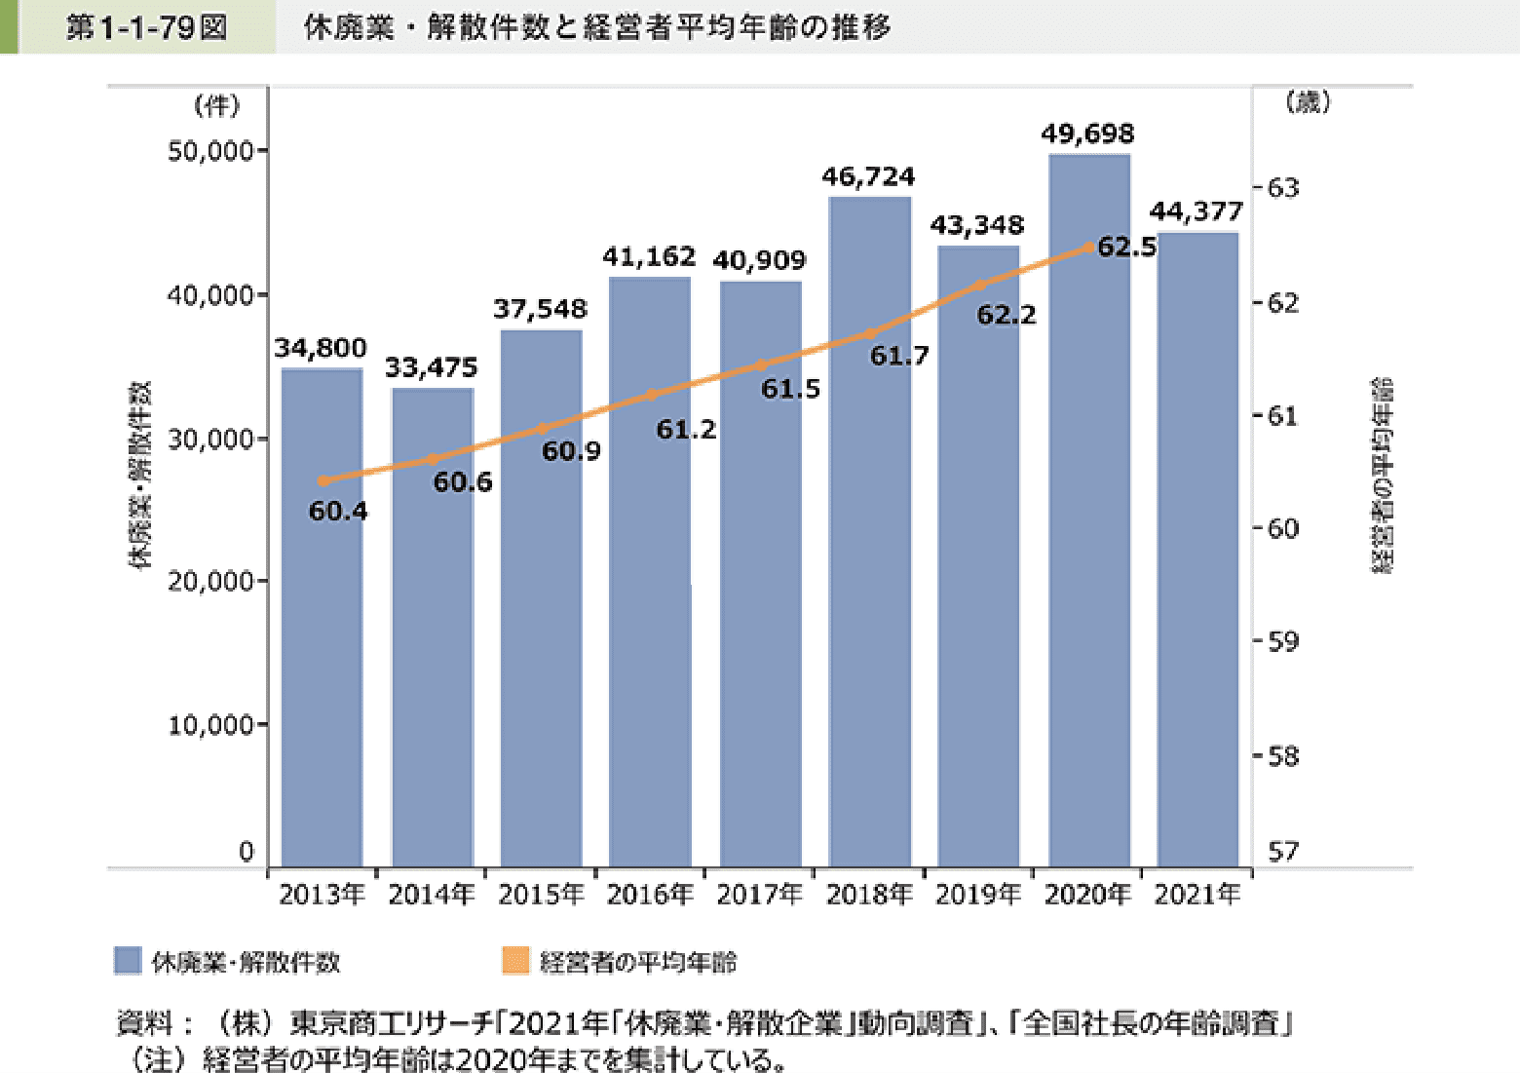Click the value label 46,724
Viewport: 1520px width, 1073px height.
click(x=868, y=177)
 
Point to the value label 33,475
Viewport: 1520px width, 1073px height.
click(x=431, y=368)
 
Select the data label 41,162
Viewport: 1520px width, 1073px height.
click(x=649, y=257)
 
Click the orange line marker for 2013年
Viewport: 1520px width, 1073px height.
click(x=324, y=480)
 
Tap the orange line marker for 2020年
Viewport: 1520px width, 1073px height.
click(x=1088, y=248)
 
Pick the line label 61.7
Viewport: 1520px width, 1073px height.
click(x=899, y=357)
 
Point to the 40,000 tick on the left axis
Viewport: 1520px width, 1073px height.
click(x=210, y=295)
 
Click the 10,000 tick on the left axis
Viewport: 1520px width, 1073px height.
click(x=210, y=725)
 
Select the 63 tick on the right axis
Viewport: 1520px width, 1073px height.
click(x=1283, y=187)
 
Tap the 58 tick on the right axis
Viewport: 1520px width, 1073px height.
click(x=1283, y=755)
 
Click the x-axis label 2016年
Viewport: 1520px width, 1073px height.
click(x=650, y=894)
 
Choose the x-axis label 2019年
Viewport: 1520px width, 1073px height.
click(x=978, y=894)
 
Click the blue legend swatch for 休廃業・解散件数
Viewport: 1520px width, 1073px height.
click(x=129, y=961)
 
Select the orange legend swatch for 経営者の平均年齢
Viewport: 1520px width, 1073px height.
click(x=515, y=961)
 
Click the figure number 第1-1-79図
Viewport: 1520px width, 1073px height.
click(x=146, y=27)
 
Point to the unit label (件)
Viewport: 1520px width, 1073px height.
click(x=217, y=105)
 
